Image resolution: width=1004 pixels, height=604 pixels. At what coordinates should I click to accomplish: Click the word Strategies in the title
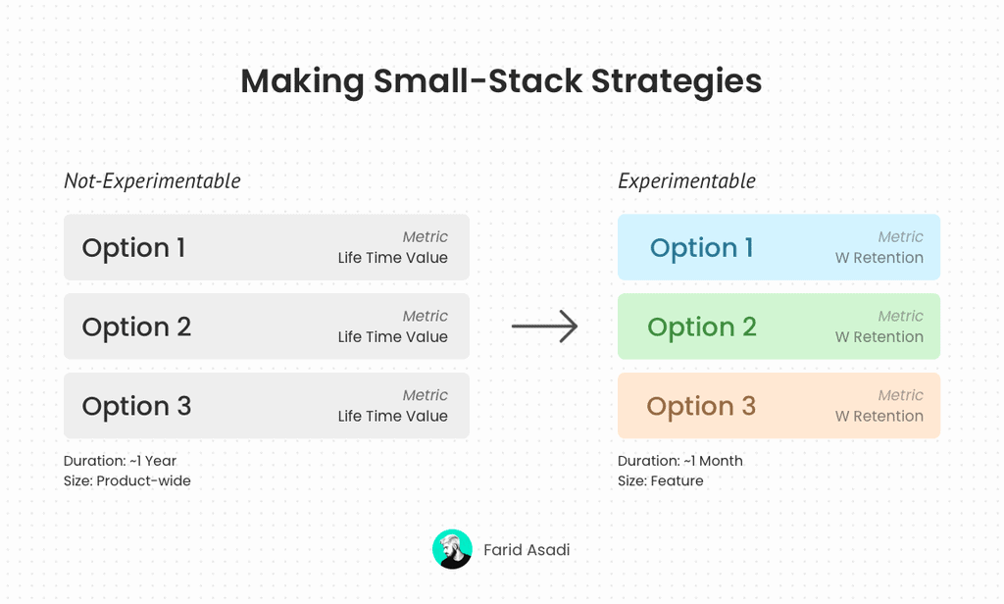(677, 82)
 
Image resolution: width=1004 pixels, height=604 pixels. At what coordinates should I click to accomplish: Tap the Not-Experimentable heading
(152, 181)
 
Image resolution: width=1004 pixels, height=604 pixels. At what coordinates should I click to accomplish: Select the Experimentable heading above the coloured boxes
(686, 181)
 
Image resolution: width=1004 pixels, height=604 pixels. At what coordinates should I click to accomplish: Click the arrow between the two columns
(544, 327)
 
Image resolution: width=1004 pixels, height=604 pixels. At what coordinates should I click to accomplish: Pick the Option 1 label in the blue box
(701, 248)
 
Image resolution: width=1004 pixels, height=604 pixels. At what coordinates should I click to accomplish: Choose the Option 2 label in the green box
(702, 327)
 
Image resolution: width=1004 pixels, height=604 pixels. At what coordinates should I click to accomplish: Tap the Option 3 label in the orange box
(701, 406)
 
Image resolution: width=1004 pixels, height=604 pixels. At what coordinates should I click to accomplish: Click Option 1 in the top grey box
(133, 248)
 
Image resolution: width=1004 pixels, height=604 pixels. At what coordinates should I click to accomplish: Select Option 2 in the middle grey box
(136, 327)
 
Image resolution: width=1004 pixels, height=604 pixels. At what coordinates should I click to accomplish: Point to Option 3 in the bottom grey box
(136, 406)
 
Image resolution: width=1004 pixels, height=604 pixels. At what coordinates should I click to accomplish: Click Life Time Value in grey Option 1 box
(392, 258)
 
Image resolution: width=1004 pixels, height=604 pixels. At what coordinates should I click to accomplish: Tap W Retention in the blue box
(879, 258)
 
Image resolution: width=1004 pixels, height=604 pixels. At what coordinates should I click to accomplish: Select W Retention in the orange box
(879, 416)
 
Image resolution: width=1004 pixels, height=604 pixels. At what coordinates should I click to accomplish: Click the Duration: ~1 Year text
(120, 461)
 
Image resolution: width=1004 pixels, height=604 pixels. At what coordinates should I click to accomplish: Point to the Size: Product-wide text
(126, 480)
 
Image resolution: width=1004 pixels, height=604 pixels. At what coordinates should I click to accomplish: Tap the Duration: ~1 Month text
(680, 461)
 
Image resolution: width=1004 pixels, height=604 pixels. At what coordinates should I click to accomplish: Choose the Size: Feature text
(660, 480)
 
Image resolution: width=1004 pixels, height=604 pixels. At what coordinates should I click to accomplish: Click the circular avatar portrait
(452, 549)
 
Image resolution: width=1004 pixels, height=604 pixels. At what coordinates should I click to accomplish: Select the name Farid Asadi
(527, 549)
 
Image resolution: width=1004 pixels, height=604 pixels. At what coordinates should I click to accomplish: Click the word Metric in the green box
(900, 316)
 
